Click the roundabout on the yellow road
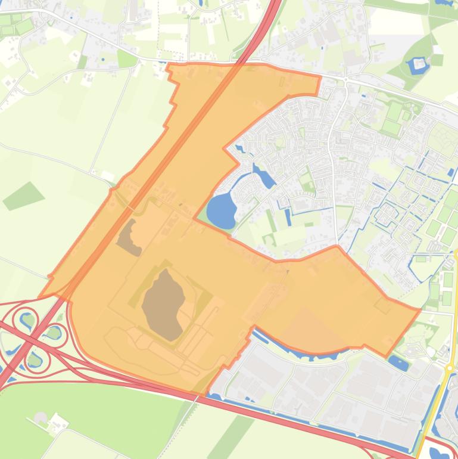point(448,368)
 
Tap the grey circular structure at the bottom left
point(40,417)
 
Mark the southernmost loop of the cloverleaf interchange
point(35,359)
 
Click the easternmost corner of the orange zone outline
point(420,309)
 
